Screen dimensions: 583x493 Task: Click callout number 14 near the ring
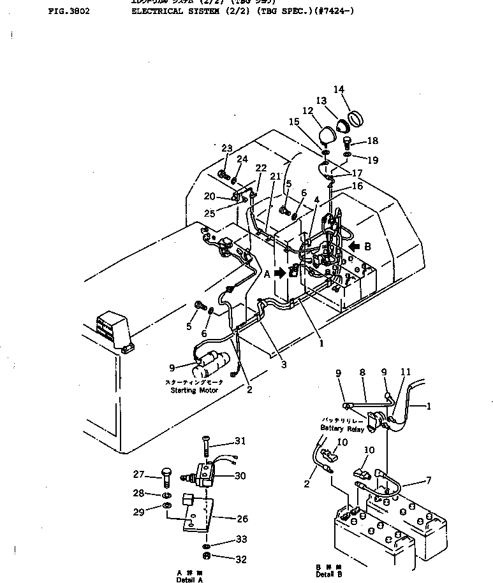coord(338,89)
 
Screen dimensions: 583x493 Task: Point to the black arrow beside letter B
coord(355,246)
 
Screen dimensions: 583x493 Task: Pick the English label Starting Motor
coord(195,390)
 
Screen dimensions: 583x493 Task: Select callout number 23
coord(227,148)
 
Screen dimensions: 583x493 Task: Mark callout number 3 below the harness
coord(283,365)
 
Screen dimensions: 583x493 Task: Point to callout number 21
coord(274,176)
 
